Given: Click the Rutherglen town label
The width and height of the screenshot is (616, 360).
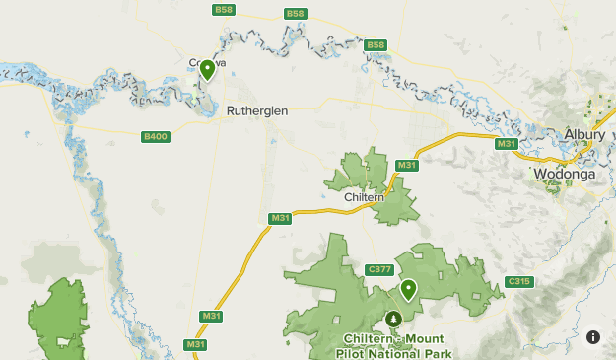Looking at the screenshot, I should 257,111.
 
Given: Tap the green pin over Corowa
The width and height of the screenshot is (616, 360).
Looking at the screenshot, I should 207,70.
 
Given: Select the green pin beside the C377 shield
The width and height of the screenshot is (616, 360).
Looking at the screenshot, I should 408,289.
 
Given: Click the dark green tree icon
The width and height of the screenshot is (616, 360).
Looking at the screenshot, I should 393,318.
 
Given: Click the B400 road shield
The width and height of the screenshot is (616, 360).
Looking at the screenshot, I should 155,136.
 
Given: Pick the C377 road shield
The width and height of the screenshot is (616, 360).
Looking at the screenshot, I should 378,269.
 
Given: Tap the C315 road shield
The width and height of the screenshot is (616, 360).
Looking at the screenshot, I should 518,282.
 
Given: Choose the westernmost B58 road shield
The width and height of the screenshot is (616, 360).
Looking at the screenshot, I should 224,10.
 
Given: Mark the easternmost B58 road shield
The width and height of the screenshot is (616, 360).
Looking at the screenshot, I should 376,44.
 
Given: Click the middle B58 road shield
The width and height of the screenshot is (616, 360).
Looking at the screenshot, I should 295,13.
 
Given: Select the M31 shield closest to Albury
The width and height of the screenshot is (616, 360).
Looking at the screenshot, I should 507,145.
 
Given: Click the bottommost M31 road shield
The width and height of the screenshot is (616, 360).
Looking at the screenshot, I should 195,344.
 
